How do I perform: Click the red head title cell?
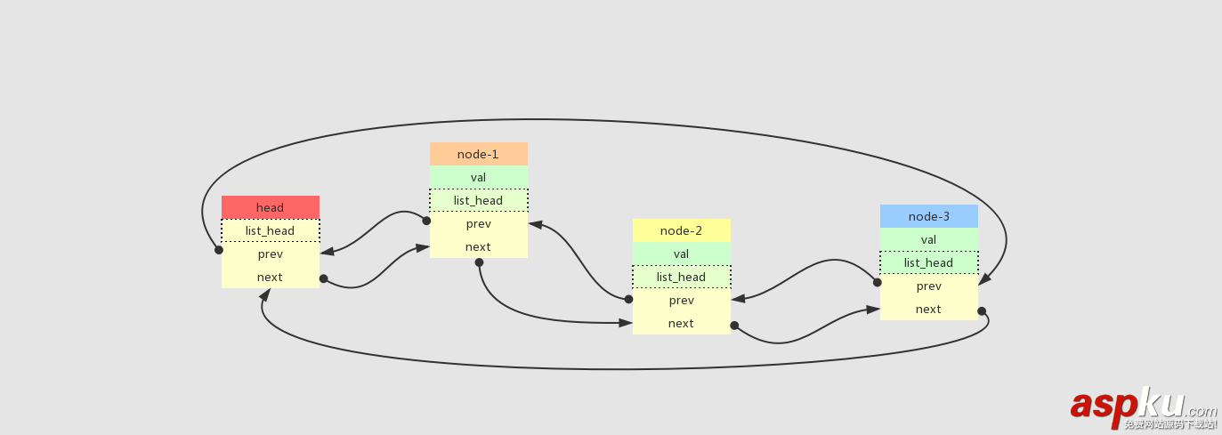coord(270,207)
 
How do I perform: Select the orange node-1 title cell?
coord(478,154)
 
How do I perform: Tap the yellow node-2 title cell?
coord(681,230)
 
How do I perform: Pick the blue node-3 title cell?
coord(928,216)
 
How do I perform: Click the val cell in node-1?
coord(478,177)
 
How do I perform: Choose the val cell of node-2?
coord(681,254)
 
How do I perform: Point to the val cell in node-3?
coord(928,239)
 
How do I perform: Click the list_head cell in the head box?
coord(270,230)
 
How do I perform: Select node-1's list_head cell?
coord(478,200)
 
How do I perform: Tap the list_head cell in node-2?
coord(681,277)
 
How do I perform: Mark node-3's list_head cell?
coord(928,262)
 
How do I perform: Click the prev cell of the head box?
coord(270,254)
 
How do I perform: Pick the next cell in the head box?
coord(270,277)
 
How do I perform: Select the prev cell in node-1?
coord(478,223)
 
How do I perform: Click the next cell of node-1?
coord(478,246)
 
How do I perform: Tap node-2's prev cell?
coord(681,300)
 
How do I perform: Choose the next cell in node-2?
coord(681,323)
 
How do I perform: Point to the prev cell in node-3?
coord(928,286)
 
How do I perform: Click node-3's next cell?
coord(928,309)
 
